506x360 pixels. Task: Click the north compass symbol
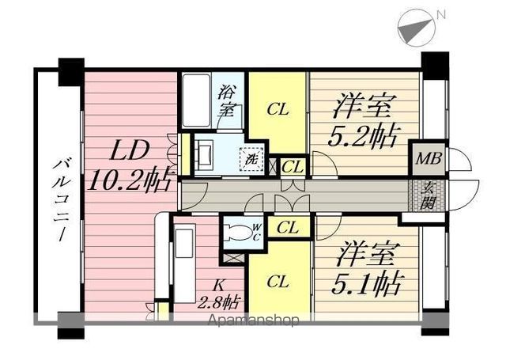click(x=417, y=28)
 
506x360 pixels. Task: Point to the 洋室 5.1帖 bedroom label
click(x=366, y=271)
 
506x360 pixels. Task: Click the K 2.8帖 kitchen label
click(x=218, y=294)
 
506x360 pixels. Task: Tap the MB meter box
click(x=428, y=158)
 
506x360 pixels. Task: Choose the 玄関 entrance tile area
click(x=428, y=195)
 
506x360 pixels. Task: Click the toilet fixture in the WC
click(x=239, y=232)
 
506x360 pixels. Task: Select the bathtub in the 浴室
click(x=196, y=100)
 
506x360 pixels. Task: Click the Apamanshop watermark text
click(x=254, y=320)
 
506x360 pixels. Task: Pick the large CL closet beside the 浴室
click(x=278, y=112)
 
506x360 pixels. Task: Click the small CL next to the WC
click(x=288, y=228)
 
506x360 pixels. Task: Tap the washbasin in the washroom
click(x=203, y=155)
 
